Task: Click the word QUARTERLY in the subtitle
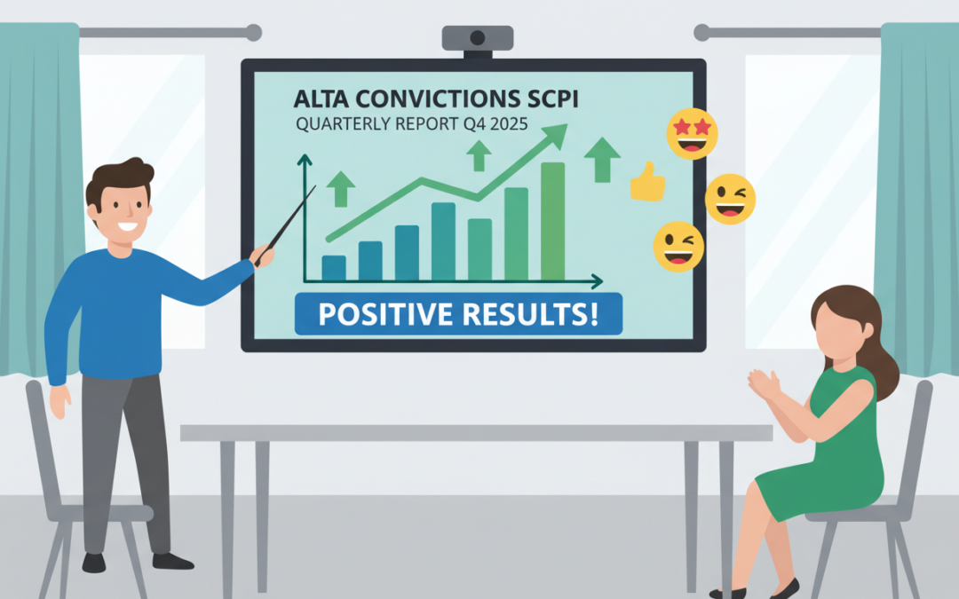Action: pos(338,124)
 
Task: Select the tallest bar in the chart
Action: pos(552,222)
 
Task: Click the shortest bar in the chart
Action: pos(334,268)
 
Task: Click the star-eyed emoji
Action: pos(691,134)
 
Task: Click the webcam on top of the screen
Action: pos(478,39)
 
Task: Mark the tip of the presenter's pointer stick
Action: pos(315,187)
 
